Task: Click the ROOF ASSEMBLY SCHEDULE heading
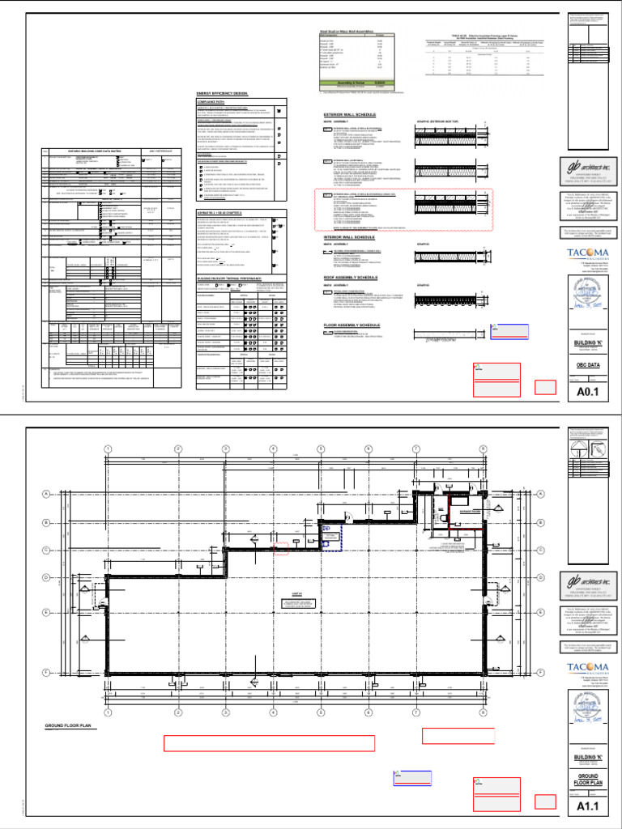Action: [356, 278]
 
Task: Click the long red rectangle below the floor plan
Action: [269, 744]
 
